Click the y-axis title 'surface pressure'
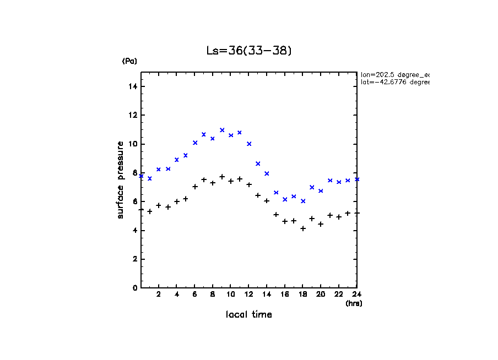tap(120, 179)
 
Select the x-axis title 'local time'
tap(248, 315)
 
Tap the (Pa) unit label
tap(129, 61)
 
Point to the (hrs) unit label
tap(354, 303)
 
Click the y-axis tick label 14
tap(133, 86)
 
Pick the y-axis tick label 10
tap(133, 144)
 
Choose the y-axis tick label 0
tap(135, 288)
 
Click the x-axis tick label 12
tap(248, 295)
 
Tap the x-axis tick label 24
tap(356, 295)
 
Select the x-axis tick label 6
tap(194, 295)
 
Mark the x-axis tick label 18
tap(302, 295)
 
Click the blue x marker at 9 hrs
tap(222, 130)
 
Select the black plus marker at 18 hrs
tap(303, 228)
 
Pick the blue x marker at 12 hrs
tap(249, 144)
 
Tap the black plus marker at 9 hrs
tap(222, 177)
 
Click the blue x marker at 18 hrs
tap(303, 201)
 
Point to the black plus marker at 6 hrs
tap(195, 187)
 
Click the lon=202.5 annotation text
tap(394, 74)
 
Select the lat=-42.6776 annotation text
tap(394, 82)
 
